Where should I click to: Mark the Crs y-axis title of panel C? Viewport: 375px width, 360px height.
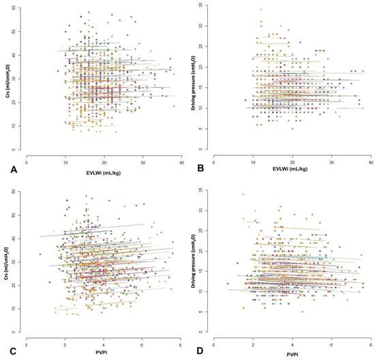point(10,262)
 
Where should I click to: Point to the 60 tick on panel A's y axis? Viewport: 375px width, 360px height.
point(21,8)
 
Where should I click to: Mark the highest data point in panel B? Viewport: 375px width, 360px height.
point(260,10)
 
